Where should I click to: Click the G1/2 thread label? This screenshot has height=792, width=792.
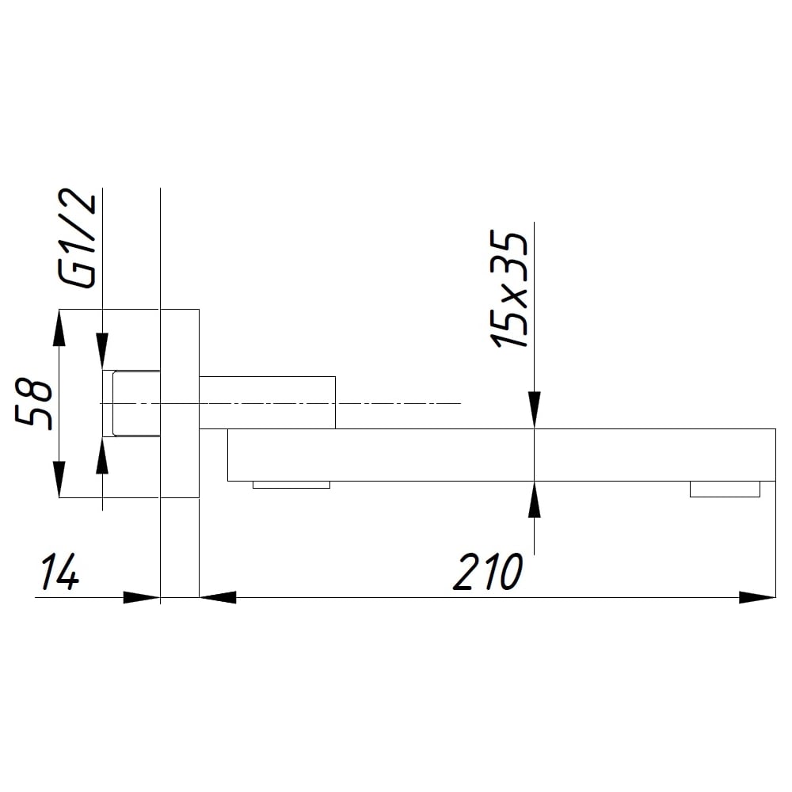pyautogui.click(x=78, y=238)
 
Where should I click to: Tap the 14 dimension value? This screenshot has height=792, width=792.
pyautogui.click(x=59, y=572)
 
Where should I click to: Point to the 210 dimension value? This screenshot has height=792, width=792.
pyautogui.click(x=488, y=572)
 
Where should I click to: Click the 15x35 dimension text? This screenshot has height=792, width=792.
pyautogui.click(x=509, y=289)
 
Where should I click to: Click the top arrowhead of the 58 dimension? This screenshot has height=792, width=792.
pyautogui.click(x=59, y=328)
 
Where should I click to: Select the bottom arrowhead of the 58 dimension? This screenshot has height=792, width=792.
pyautogui.click(x=59, y=479)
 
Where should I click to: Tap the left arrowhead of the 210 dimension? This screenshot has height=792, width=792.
pyautogui.click(x=219, y=597)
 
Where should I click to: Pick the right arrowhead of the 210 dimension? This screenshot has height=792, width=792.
pyautogui.click(x=757, y=597)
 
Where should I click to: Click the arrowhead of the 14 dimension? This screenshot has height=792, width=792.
pyautogui.click(x=142, y=597)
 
